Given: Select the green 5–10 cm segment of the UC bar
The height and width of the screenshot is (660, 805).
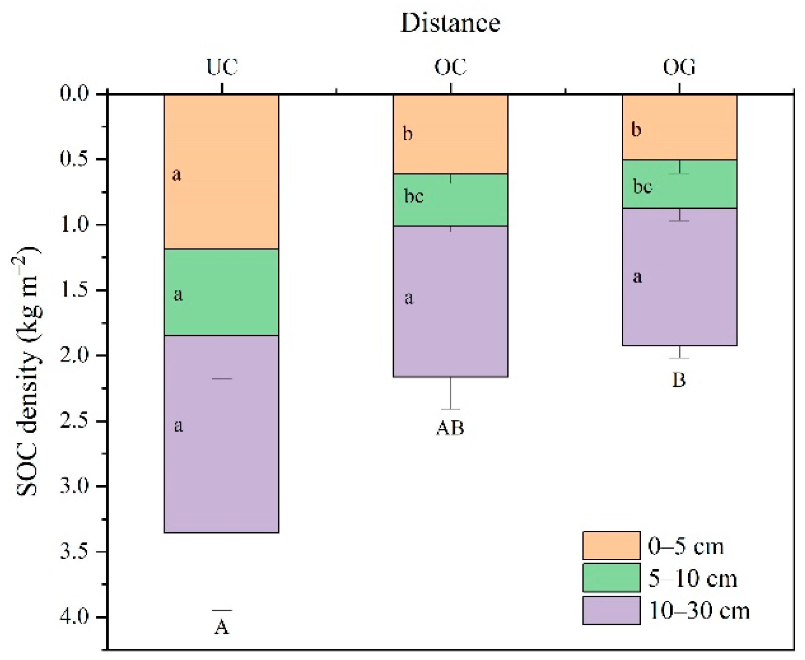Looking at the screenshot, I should [221, 292].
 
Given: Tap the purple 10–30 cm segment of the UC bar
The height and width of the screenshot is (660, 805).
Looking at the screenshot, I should [221, 433].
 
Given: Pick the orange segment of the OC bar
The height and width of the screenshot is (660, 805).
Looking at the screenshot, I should [450, 134].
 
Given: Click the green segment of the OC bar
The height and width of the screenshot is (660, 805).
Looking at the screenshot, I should [450, 200].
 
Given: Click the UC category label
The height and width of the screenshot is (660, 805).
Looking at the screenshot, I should [222, 68].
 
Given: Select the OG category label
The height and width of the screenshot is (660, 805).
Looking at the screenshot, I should [679, 68].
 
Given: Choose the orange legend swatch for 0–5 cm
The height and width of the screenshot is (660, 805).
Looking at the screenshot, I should [611, 545].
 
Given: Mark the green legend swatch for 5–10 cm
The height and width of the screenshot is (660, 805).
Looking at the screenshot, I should [611, 578].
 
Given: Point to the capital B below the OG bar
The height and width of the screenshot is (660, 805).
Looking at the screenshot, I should [679, 380].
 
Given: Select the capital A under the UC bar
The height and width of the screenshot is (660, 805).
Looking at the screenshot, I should [222, 628].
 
